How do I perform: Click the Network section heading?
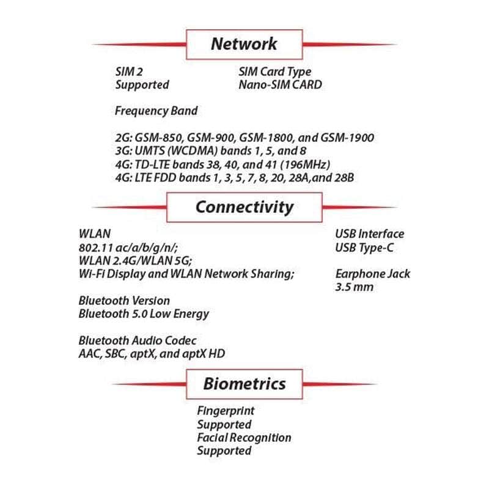(x=244, y=44)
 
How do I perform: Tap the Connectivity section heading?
(x=244, y=207)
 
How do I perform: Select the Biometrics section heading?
(x=244, y=384)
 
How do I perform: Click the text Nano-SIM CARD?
(x=279, y=85)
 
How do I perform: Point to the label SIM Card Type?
(x=274, y=72)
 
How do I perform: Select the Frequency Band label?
(x=156, y=111)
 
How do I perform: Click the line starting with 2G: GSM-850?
(x=244, y=138)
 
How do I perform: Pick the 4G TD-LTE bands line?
(x=222, y=165)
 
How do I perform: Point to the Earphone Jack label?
(x=373, y=273)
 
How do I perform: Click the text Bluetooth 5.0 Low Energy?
(x=144, y=314)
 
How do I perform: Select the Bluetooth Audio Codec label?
(x=138, y=340)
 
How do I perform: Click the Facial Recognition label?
(x=244, y=438)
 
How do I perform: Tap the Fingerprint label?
(x=226, y=411)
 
